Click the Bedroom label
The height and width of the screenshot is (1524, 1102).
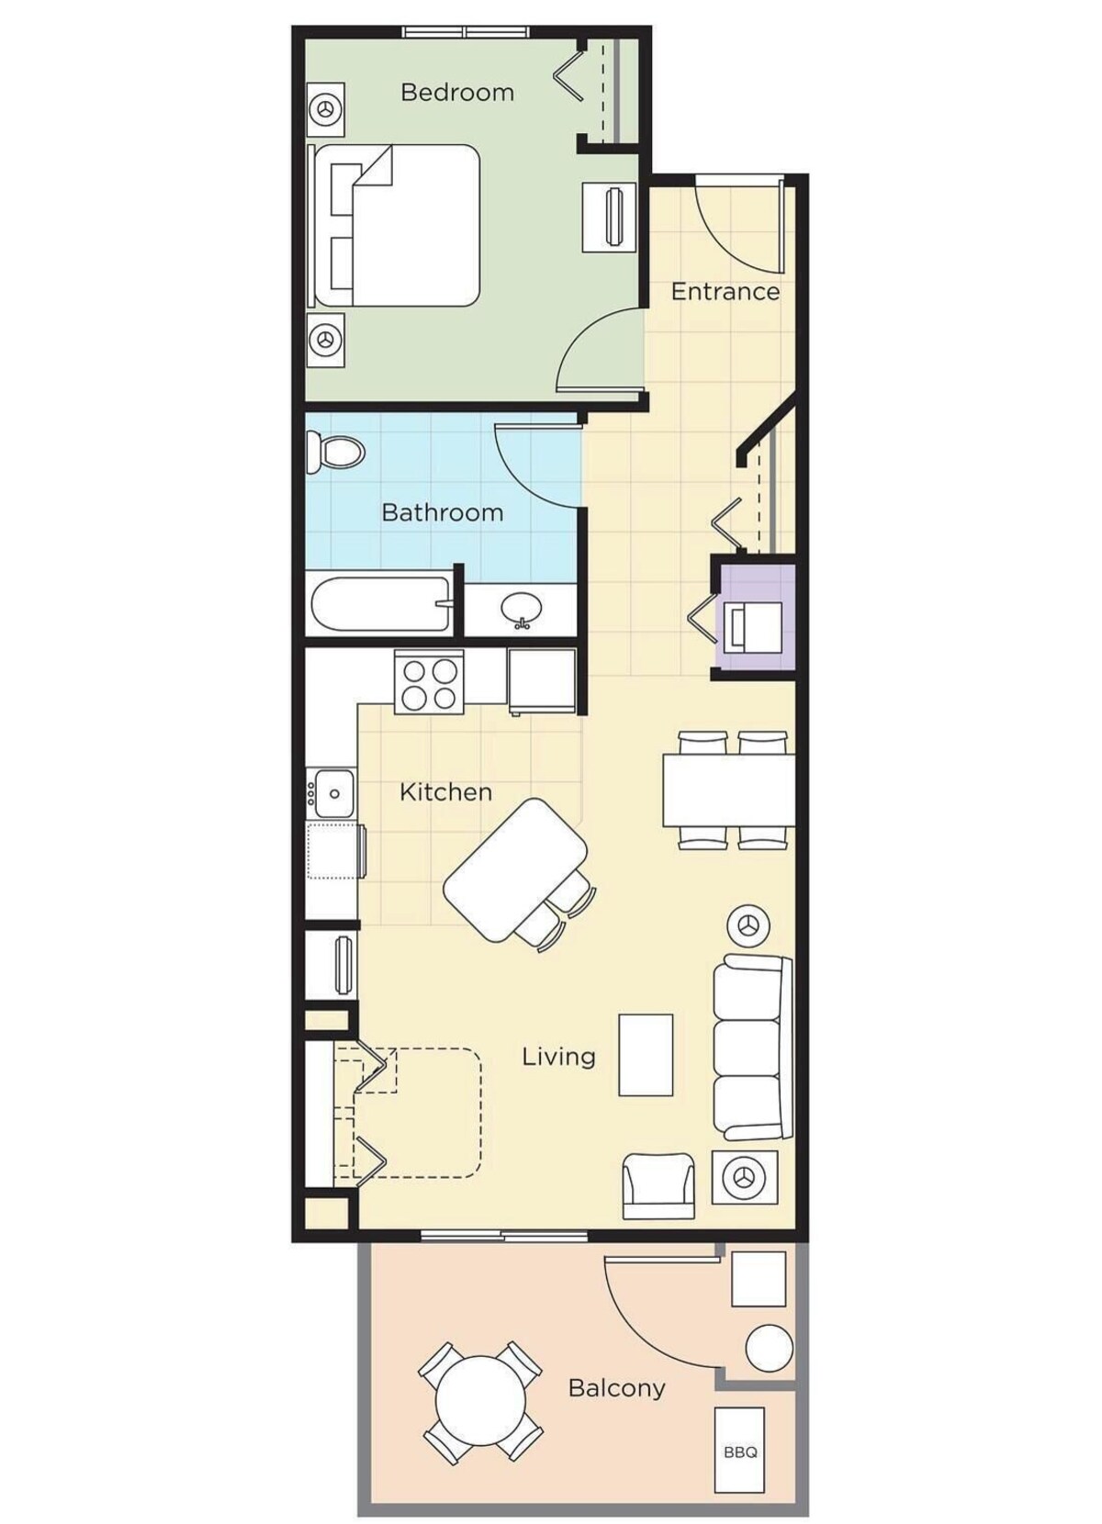pyautogui.click(x=456, y=92)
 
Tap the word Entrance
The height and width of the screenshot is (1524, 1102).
pyautogui.click(x=725, y=292)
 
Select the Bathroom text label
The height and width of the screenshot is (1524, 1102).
pyautogui.click(x=443, y=512)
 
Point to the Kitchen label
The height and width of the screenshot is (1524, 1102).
pyautogui.click(x=445, y=792)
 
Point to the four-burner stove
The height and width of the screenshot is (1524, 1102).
pyautogui.click(x=429, y=682)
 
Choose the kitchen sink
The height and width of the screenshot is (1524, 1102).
pyautogui.click(x=330, y=792)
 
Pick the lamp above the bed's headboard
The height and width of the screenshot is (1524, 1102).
pyautogui.click(x=326, y=107)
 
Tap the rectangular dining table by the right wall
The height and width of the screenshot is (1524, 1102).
pyautogui.click(x=729, y=790)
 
